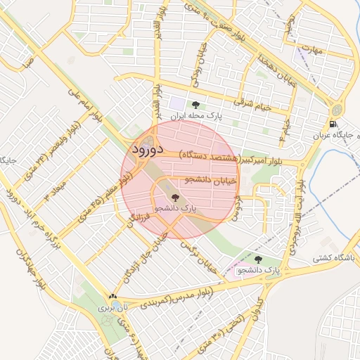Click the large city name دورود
[x=147, y=150]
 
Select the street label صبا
[x=27, y=64]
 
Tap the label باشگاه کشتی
[x=334, y=259]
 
